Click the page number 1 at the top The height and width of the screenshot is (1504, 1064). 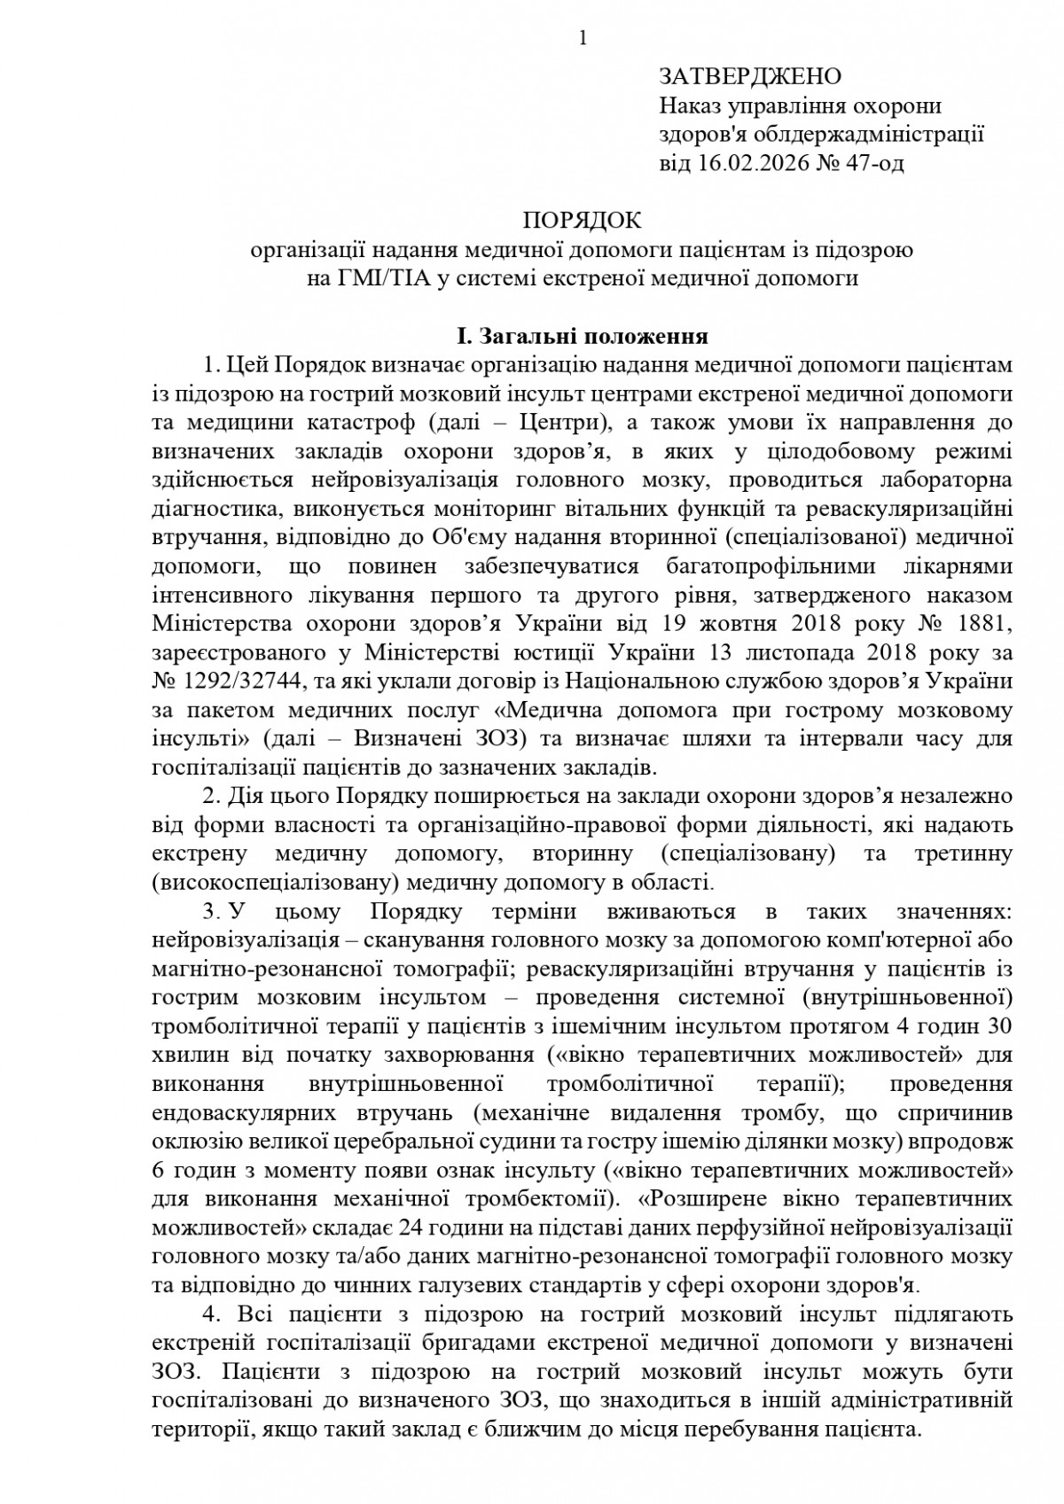pyautogui.click(x=583, y=37)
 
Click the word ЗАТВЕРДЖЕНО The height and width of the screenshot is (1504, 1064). pyautogui.click(x=749, y=76)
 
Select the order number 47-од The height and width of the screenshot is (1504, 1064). pyautogui.click(x=874, y=163)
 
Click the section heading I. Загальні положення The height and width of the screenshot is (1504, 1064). pyautogui.click(x=582, y=337)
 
